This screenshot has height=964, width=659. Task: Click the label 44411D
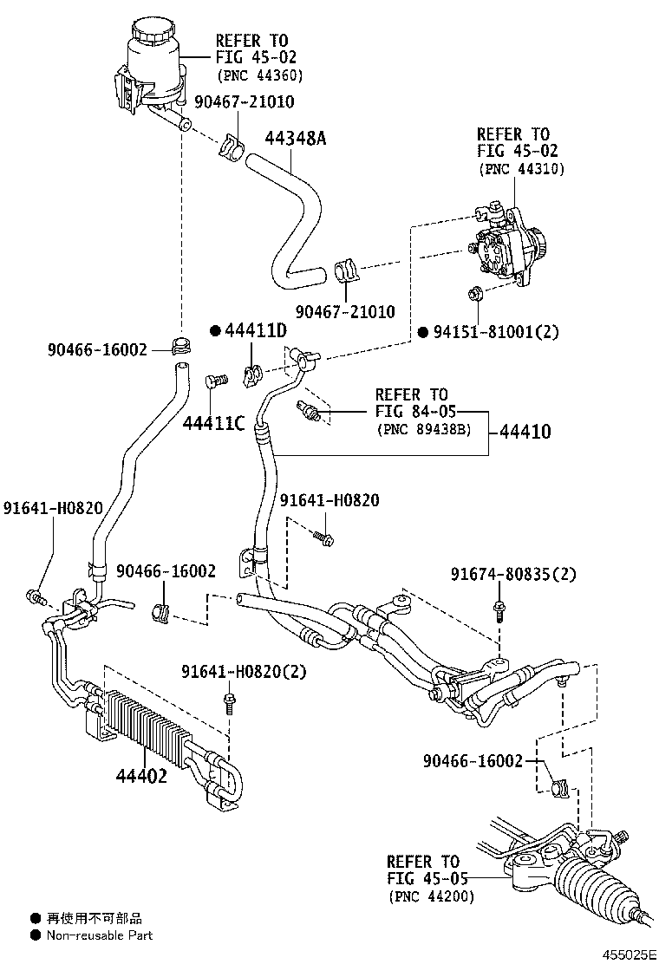click(x=256, y=331)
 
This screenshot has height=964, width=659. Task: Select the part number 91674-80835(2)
click(x=513, y=573)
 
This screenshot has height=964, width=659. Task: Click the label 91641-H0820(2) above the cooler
click(x=245, y=672)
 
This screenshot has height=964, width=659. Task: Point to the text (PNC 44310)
click(x=521, y=169)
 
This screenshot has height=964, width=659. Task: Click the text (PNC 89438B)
click(x=424, y=427)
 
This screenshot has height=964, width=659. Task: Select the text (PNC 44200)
click(x=431, y=896)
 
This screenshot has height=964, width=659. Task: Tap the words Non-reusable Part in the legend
click(x=99, y=935)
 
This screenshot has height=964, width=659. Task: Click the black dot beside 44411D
click(x=214, y=331)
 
